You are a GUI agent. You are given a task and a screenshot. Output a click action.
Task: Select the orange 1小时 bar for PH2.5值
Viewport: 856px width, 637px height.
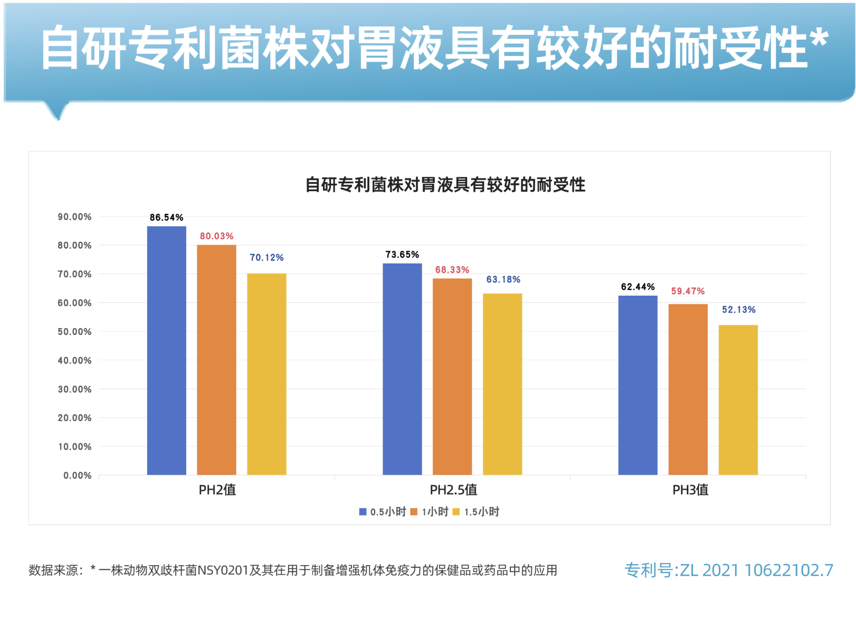pyautogui.click(x=452, y=376)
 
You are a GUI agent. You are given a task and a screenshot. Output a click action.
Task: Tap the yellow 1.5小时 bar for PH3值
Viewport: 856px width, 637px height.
pyautogui.click(x=738, y=400)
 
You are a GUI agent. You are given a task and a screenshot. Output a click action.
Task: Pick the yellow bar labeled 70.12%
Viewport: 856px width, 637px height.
pyautogui.click(x=267, y=374)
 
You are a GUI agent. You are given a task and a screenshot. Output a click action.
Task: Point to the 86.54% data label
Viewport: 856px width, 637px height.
pyautogui.click(x=166, y=218)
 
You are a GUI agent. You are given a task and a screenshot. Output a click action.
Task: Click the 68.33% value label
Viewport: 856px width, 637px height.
pyautogui.click(x=452, y=270)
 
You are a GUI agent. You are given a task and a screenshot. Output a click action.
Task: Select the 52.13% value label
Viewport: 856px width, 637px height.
pyautogui.click(x=738, y=310)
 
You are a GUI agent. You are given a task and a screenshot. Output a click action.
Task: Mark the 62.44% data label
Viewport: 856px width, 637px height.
pyautogui.click(x=638, y=287)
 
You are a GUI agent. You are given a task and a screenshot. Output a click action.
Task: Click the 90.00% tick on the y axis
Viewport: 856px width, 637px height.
pyautogui.click(x=74, y=217)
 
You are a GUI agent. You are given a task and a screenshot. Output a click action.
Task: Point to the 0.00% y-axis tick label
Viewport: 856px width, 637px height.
pyautogui.click(x=77, y=475)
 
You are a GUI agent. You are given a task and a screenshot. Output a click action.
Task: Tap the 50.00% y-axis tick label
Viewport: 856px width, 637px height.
pyautogui.click(x=74, y=332)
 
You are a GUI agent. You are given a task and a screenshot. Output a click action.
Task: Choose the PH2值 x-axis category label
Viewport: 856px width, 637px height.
pyautogui.click(x=217, y=490)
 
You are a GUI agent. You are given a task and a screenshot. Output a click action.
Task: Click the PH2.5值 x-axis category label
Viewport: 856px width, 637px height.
pyautogui.click(x=453, y=490)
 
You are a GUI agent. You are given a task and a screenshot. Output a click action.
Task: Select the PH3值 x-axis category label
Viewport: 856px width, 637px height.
pyautogui.click(x=690, y=490)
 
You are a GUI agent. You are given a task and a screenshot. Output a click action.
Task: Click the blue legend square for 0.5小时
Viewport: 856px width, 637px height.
pyautogui.click(x=363, y=512)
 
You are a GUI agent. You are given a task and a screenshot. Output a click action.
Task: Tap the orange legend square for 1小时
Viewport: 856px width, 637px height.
pyautogui.click(x=414, y=512)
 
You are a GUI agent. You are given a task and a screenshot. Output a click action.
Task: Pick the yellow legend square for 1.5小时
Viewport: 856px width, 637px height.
pyautogui.click(x=456, y=512)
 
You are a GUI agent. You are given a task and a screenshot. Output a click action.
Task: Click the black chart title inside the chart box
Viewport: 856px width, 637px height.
pyautogui.click(x=445, y=185)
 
